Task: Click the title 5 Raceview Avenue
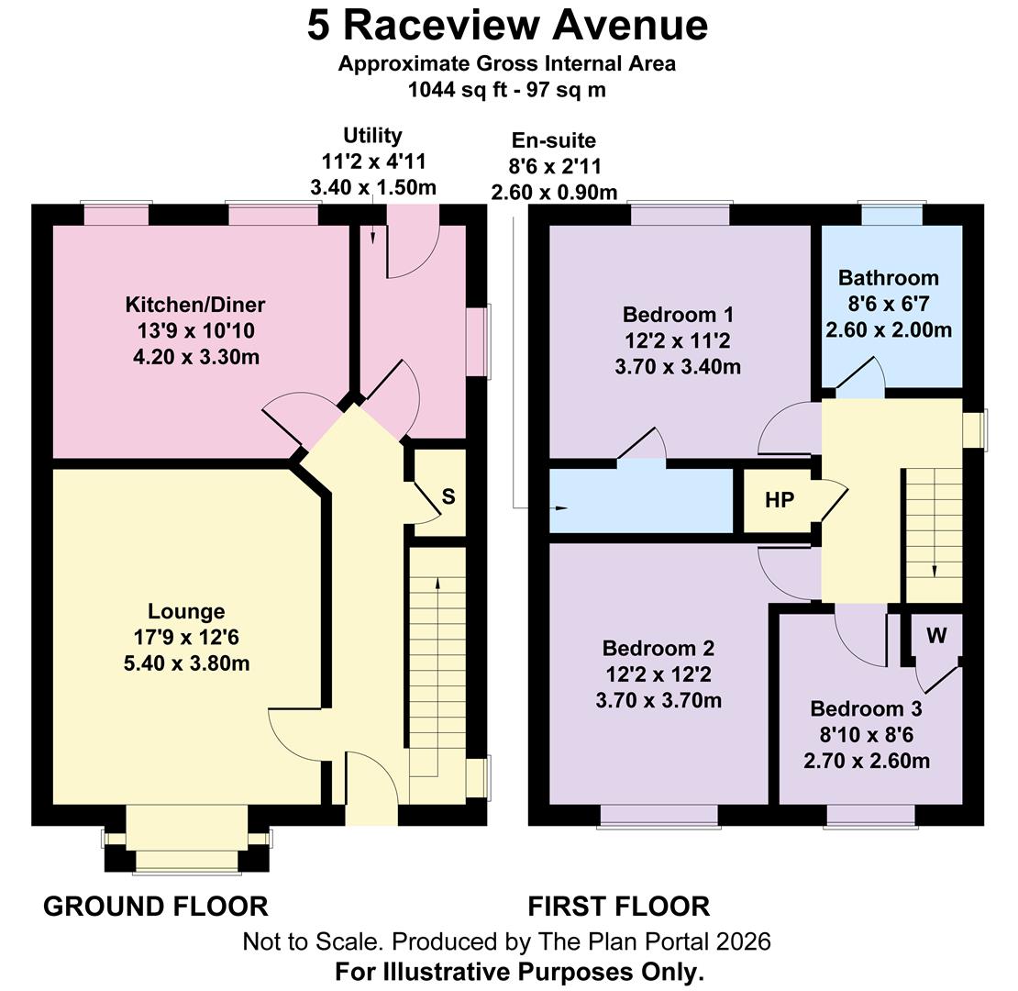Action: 508,26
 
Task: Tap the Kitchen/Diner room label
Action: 194,305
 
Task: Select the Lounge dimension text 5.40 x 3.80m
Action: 186,663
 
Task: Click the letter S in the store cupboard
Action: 448,496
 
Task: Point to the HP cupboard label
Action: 779,500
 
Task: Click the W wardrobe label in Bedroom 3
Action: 936,635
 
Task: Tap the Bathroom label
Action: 888,278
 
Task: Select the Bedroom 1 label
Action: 678,315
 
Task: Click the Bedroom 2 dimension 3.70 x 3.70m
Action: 658,701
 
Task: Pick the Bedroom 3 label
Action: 866,708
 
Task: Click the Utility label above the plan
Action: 372,136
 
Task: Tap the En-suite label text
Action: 553,140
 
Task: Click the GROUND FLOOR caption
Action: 156,907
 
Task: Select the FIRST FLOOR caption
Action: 619,907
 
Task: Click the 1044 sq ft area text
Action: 457,89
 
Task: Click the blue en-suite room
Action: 641,501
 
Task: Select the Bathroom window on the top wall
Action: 892,214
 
